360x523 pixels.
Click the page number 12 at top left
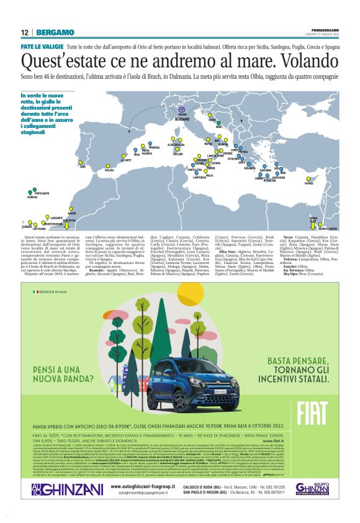tap(24, 33)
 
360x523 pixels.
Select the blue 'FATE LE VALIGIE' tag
tap(42, 47)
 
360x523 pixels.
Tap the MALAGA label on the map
tap(109, 168)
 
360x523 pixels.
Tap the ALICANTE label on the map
tap(125, 160)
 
